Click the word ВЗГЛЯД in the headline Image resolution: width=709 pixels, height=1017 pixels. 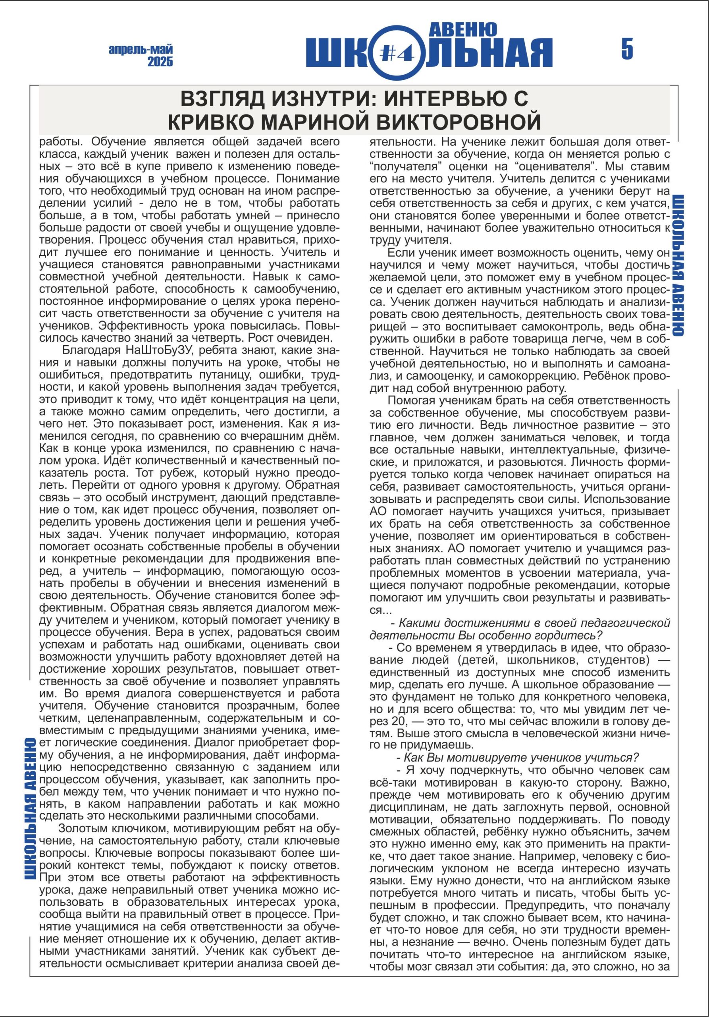click(221, 99)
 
